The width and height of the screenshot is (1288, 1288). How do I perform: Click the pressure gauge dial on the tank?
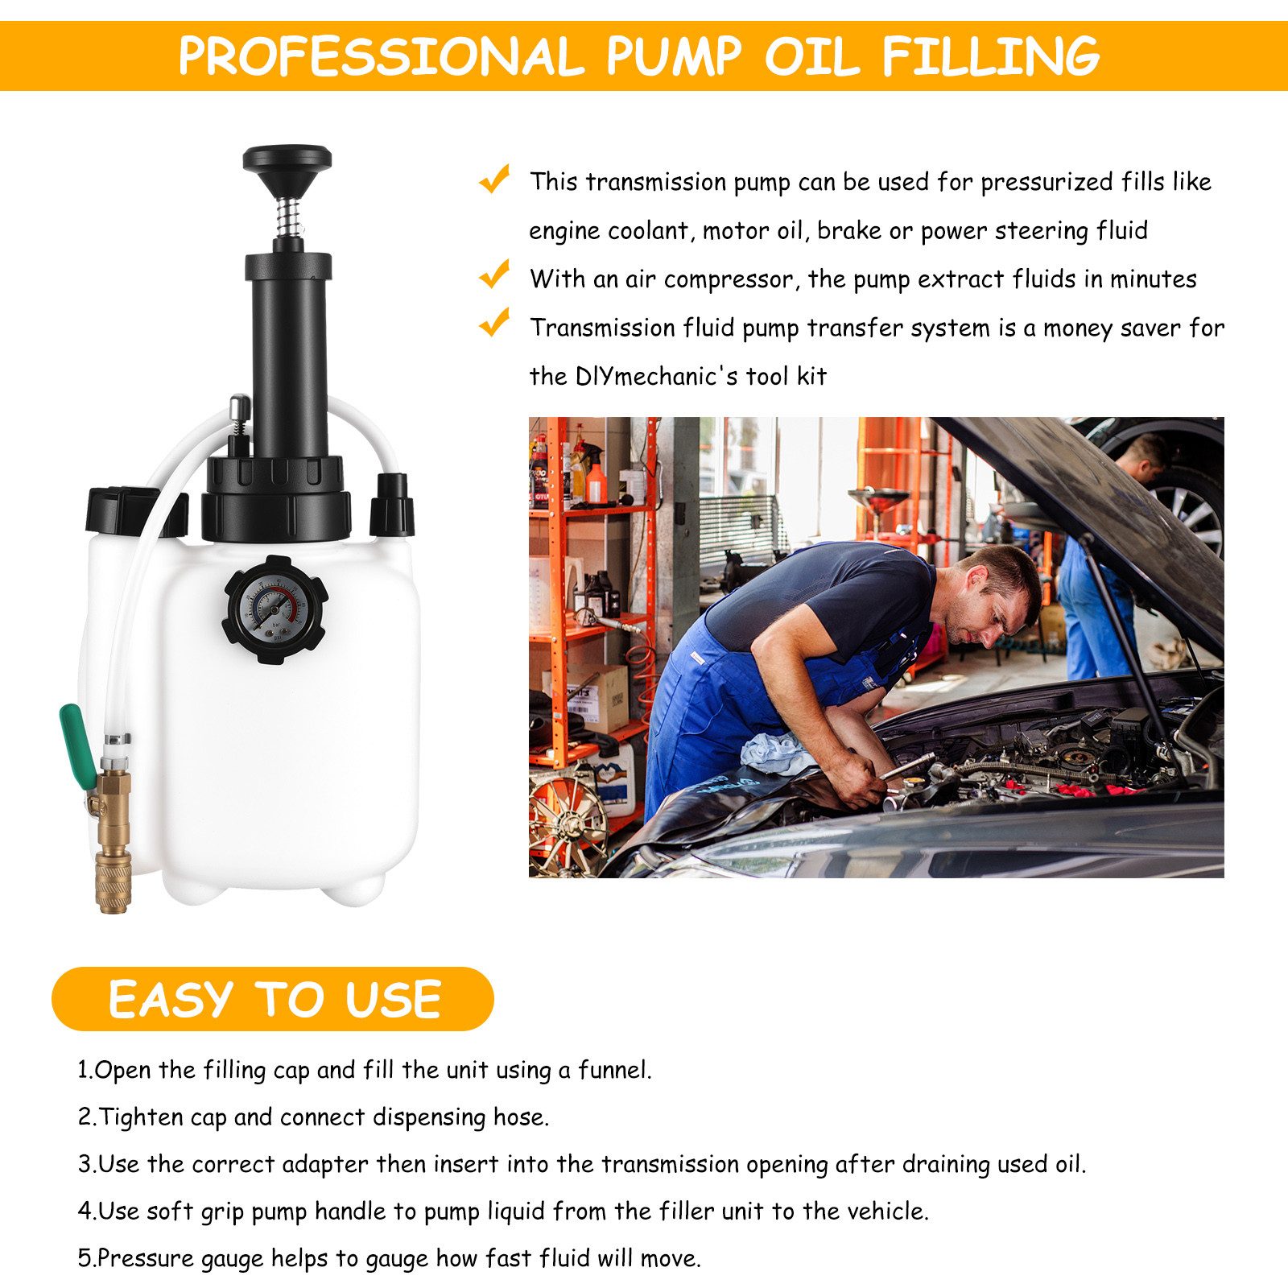[x=275, y=609]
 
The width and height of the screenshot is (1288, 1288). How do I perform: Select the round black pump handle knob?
[x=287, y=159]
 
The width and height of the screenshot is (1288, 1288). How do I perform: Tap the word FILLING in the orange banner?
[x=991, y=56]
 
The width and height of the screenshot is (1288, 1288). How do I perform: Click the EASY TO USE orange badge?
[x=273, y=999]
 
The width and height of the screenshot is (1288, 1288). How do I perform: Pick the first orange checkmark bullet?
[x=494, y=179]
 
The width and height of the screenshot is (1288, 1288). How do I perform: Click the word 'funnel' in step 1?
[x=613, y=1070]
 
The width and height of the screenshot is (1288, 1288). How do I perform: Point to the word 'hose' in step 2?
[x=520, y=1117]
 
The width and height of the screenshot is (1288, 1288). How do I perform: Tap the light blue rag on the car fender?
[x=773, y=753]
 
